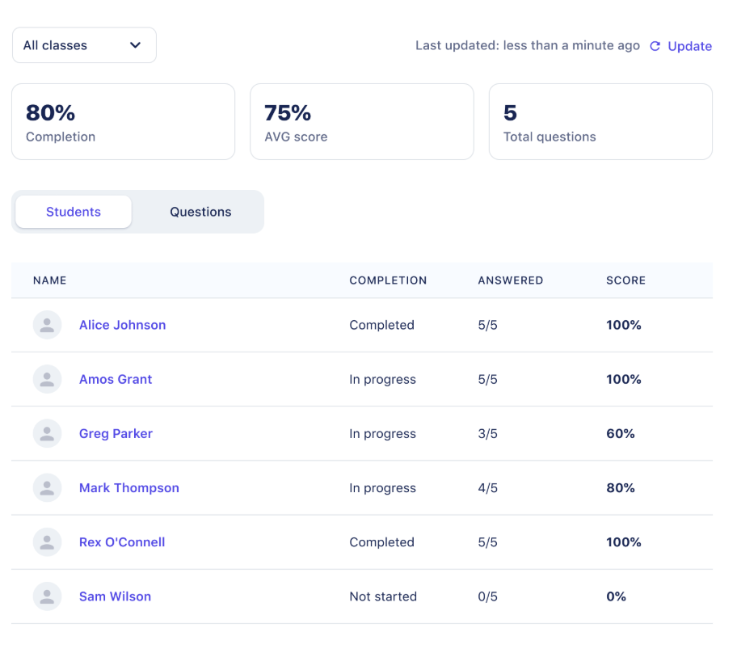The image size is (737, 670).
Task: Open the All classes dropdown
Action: click(84, 45)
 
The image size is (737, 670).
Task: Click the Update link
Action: click(689, 46)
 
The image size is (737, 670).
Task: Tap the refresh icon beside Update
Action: click(655, 46)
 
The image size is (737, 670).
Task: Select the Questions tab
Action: click(200, 212)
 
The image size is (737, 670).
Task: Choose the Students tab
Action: click(74, 212)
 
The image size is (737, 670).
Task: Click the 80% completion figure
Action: click(50, 112)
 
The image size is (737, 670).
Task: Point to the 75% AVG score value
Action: click(288, 112)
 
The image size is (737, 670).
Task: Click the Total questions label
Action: click(550, 137)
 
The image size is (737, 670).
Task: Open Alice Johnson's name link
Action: click(122, 325)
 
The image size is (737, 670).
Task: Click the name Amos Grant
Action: click(116, 379)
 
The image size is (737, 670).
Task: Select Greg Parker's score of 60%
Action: click(621, 434)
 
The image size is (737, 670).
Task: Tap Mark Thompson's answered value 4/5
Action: click(487, 488)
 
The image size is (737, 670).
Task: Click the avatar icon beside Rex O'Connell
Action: click(47, 542)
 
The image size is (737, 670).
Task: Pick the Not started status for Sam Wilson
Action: click(383, 596)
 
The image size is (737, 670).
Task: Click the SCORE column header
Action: click(625, 280)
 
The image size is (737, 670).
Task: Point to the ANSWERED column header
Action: click(510, 280)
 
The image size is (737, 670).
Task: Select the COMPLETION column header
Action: click(388, 280)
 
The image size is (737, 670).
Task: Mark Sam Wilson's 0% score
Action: click(616, 596)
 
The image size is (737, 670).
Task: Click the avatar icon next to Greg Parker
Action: click(47, 434)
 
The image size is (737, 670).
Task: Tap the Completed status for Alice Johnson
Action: click(381, 325)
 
